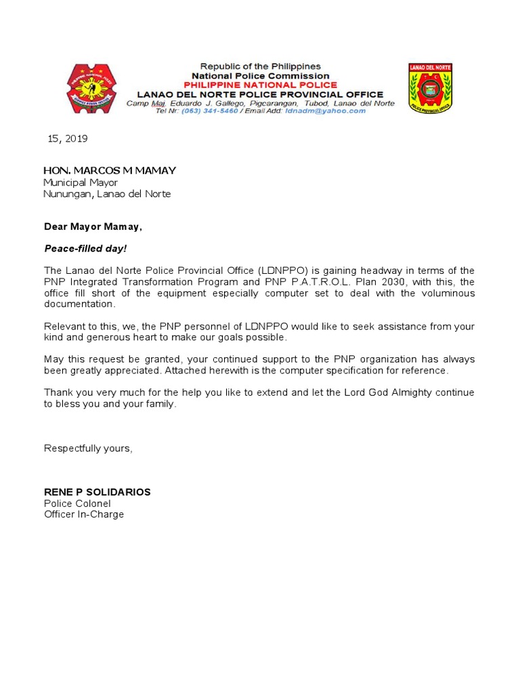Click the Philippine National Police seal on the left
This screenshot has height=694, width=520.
pyautogui.click(x=90, y=89)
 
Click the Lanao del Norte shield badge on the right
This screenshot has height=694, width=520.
pyautogui.click(x=430, y=88)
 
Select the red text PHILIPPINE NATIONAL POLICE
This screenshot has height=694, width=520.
pyautogui.click(x=261, y=85)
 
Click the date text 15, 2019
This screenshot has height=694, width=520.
pyautogui.click(x=68, y=138)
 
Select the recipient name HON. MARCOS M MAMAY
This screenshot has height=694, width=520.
pyautogui.click(x=110, y=170)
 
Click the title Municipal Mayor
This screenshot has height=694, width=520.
pyautogui.click(x=81, y=182)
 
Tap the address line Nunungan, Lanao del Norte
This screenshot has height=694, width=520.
pyautogui.click(x=107, y=194)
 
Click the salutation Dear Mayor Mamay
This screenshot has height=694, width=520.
pyautogui.click(x=93, y=227)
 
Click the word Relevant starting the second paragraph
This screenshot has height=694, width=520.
pyautogui.click(x=64, y=326)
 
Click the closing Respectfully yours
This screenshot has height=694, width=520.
pyautogui.click(x=88, y=448)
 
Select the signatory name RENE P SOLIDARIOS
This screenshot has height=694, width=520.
pyautogui.click(x=97, y=492)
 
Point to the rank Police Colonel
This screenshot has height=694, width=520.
pyautogui.click(x=77, y=504)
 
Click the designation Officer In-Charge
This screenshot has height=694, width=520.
pyautogui.click(x=84, y=514)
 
